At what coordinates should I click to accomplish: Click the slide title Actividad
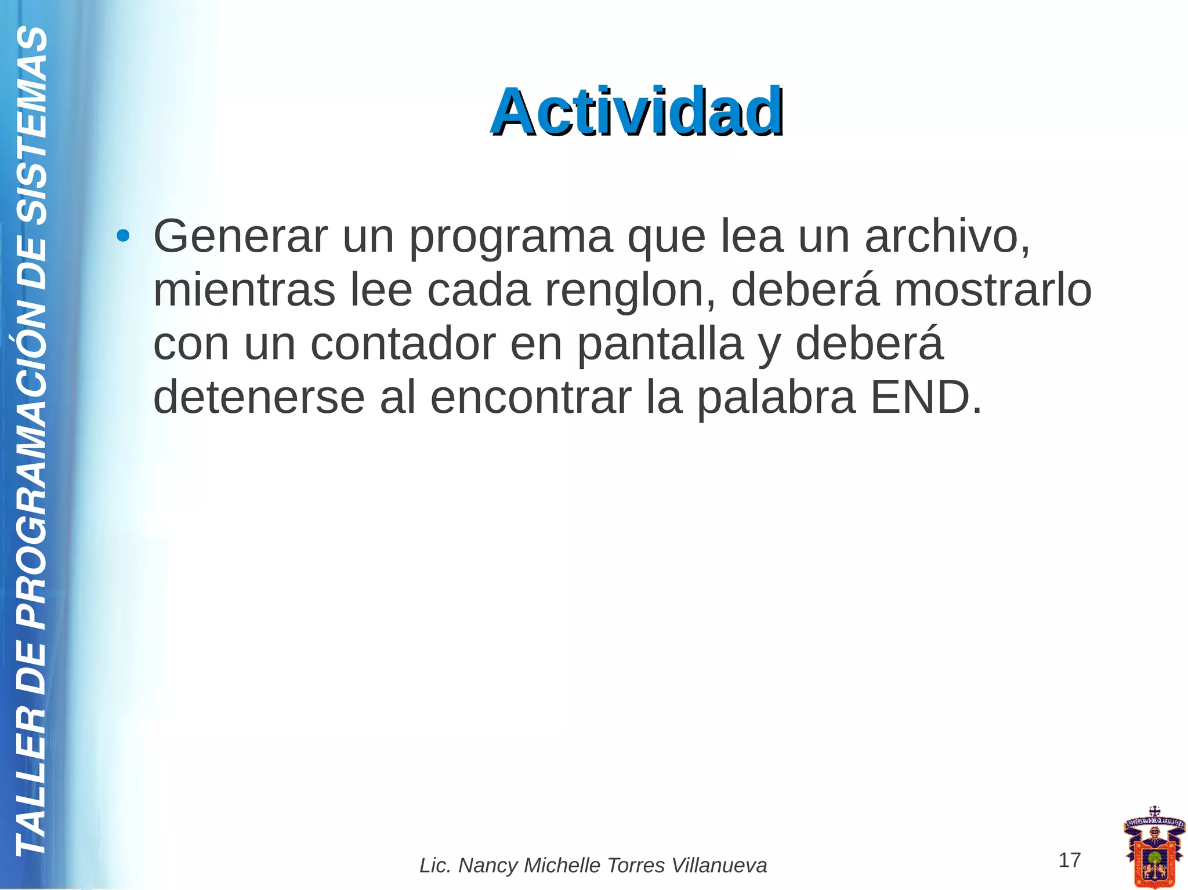point(637,111)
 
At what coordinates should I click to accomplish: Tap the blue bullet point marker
point(122,236)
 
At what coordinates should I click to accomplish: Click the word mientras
point(244,290)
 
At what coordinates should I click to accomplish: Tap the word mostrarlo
point(993,290)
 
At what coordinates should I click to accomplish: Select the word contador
point(403,344)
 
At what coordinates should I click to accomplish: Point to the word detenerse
point(259,398)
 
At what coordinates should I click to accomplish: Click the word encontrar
point(530,398)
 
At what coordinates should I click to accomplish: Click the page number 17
point(1069,860)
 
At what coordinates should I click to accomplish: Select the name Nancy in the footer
point(488,866)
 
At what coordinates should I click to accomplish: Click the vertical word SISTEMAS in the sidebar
point(32,125)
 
